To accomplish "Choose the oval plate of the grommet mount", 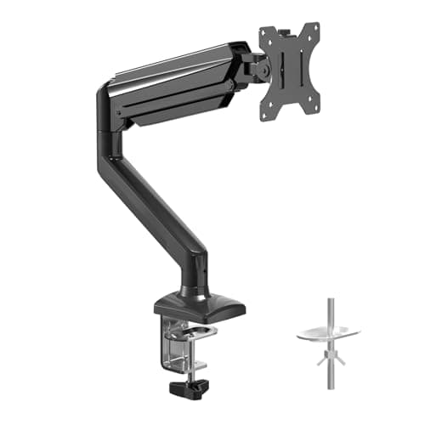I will click(328, 334).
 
